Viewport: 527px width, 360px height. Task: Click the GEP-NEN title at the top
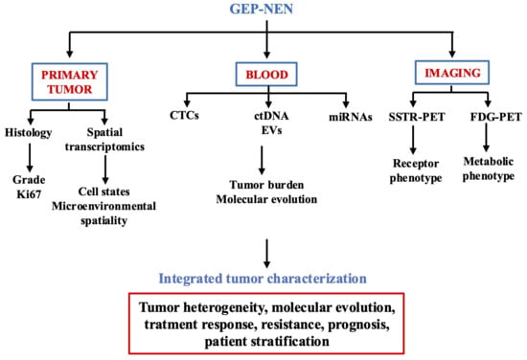(262, 9)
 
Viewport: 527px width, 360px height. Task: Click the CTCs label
(184, 115)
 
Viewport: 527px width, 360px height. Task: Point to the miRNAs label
(351, 117)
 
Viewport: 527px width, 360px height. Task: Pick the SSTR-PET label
(417, 117)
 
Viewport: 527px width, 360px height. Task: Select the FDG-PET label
(495, 117)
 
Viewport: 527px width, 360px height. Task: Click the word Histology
(28, 133)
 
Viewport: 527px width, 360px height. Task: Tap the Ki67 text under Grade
(29, 194)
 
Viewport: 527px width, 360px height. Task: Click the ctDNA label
(271, 116)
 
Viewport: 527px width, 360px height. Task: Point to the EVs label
(271, 130)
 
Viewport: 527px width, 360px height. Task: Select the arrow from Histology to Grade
(30, 157)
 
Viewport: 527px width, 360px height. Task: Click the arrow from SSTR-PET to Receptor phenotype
(413, 140)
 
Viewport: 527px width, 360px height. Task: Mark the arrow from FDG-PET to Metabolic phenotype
(486, 137)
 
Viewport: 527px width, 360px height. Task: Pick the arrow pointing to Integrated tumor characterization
(267, 254)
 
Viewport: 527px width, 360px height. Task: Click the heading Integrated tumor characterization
(263, 279)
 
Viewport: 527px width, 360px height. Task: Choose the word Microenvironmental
(103, 206)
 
